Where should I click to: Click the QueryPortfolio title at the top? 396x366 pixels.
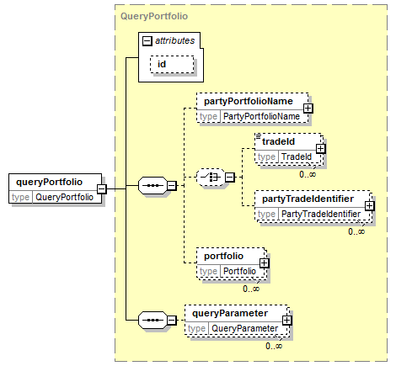click(154, 16)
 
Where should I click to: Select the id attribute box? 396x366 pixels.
click(172, 65)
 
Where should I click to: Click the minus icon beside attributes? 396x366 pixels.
click(147, 41)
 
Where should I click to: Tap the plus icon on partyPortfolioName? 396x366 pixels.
click(308, 109)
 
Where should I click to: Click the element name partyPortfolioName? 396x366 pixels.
click(249, 101)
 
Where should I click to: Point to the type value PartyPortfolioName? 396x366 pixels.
click(261, 116)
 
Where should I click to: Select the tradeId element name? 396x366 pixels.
click(278, 141)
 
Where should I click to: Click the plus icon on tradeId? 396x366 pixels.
click(321, 149)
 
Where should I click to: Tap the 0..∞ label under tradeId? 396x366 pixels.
click(308, 174)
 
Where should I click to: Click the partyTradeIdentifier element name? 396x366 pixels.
click(308, 199)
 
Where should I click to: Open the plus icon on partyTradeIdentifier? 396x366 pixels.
click(370, 206)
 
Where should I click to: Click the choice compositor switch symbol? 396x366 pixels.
click(211, 178)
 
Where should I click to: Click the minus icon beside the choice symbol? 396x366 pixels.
click(230, 178)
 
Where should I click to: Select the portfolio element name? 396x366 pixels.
click(223, 256)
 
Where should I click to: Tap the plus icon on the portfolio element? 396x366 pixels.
click(264, 263)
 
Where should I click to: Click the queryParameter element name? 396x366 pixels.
click(230, 313)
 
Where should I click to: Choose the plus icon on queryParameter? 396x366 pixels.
click(287, 321)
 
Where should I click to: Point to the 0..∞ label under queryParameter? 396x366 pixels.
click(274, 346)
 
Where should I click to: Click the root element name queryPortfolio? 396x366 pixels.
click(49, 182)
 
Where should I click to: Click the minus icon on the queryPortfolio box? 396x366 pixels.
click(102, 188)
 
